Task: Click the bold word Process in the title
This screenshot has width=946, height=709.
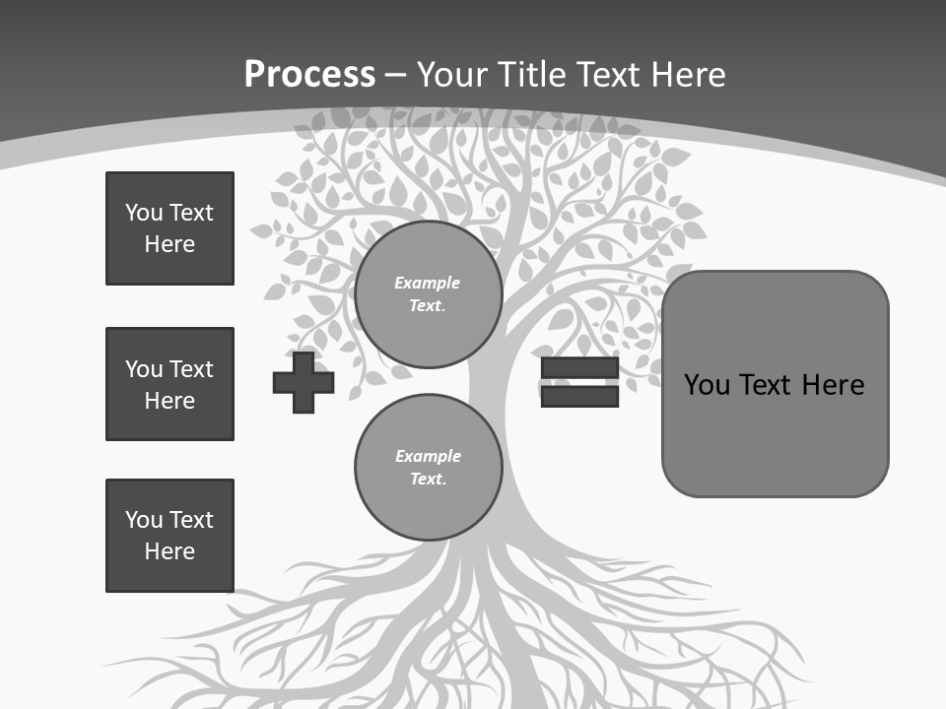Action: tap(309, 75)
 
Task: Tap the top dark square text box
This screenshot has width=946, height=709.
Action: tap(169, 228)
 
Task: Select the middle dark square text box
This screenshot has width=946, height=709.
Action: tap(169, 384)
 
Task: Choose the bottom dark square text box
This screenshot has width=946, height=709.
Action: tap(169, 536)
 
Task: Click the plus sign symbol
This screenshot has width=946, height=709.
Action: tap(304, 382)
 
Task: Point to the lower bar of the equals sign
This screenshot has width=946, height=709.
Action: tap(579, 397)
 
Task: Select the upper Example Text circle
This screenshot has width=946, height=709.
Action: tap(428, 294)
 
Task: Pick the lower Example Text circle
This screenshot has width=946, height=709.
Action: tap(428, 468)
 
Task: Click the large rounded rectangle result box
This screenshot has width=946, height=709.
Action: tap(776, 433)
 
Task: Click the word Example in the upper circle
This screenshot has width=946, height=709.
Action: tap(428, 284)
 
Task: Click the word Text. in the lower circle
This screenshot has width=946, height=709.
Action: tap(428, 480)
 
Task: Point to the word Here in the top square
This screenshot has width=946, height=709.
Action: tap(169, 245)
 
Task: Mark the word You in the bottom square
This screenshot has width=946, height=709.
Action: tap(144, 520)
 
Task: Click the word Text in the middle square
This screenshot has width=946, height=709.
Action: tap(191, 369)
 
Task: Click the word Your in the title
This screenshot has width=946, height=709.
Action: tap(451, 75)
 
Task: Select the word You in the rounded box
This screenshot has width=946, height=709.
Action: tap(707, 385)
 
